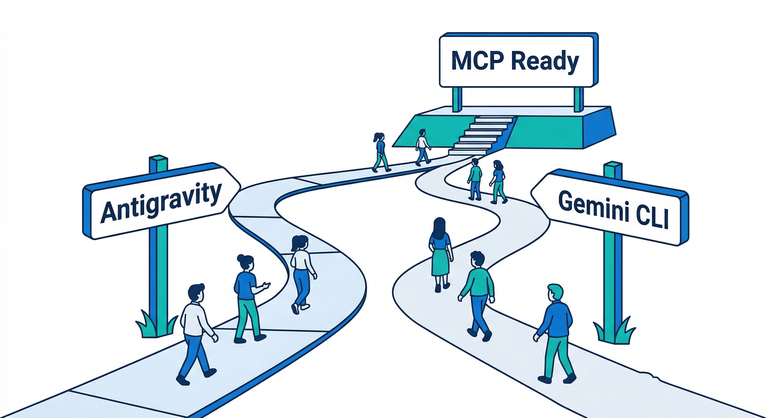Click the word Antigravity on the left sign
click(x=162, y=202)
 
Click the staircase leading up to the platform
click(x=481, y=135)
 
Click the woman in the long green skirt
click(x=440, y=253)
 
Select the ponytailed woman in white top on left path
click(x=301, y=272)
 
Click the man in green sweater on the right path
click(x=477, y=294)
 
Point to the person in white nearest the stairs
click(x=422, y=147)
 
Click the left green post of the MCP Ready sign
click(x=457, y=99)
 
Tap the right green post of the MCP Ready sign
click(x=578, y=99)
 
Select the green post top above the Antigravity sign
click(x=158, y=162)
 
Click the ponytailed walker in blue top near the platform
click(x=380, y=152)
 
